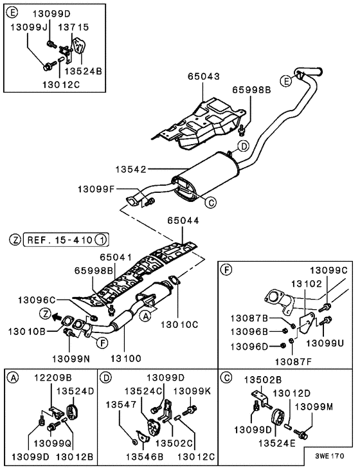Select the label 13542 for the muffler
point(132,170)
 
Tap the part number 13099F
point(96,189)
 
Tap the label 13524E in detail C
point(277,443)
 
